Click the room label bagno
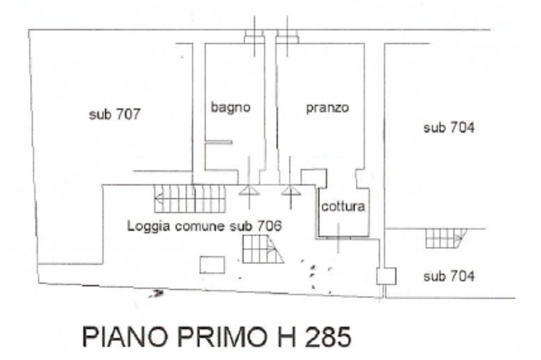(230, 108)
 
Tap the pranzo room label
(328, 108)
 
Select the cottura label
(343, 206)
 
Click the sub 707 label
(115, 115)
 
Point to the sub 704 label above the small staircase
(449, 128)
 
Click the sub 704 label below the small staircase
(449, 276)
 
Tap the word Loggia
(150, 226)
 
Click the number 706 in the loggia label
(269, 226)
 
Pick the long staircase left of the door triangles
(190, 198)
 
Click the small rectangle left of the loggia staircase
(212, 265)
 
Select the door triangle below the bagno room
(249, 190)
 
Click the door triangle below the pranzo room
(291, 190)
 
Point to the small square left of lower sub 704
(386, 276)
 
